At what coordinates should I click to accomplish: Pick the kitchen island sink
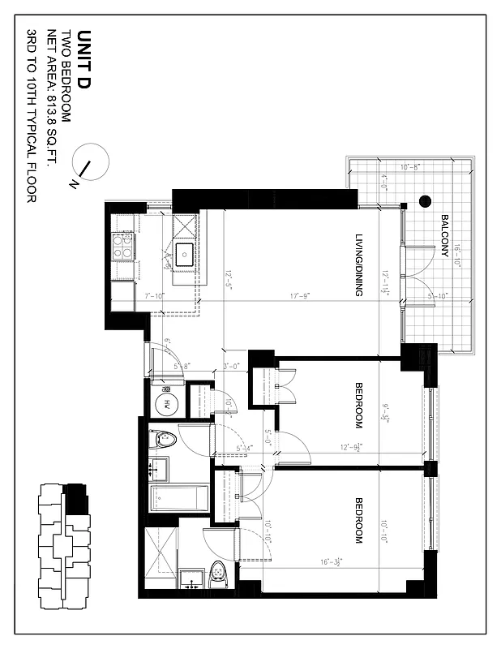tap(184, 253)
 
